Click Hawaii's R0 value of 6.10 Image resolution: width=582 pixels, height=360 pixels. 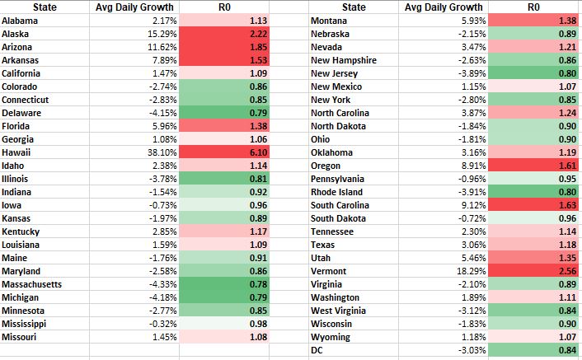pos(258,152)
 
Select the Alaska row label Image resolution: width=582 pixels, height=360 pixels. pos(15,34)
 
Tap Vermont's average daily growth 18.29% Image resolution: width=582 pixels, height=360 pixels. pos(472,271)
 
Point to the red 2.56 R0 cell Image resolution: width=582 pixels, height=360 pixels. pos(534,271)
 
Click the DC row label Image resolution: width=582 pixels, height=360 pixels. pos(317,350)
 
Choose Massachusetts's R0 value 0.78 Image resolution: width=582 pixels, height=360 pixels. pos(258,284)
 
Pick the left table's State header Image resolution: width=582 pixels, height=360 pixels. pos(45,7)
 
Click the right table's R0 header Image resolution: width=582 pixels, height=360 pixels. pos(533,7)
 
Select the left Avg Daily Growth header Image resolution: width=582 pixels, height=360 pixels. pos(134,7)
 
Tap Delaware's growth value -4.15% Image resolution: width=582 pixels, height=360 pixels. pos(163,113)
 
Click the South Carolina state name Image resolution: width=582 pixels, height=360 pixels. pos(340,205)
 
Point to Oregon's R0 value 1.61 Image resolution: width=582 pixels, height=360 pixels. pos(567,166)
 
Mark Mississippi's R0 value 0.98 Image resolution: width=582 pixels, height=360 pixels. pos(258,324)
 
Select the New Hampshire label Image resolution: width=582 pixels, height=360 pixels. pos(344,60)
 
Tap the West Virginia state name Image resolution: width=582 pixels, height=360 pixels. pos(339,311)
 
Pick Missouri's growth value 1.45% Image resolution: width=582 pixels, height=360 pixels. pos(165,337)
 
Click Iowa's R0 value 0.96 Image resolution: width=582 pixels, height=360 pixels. pos(258,205)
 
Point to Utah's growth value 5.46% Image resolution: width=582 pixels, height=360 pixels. pos(474,258)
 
